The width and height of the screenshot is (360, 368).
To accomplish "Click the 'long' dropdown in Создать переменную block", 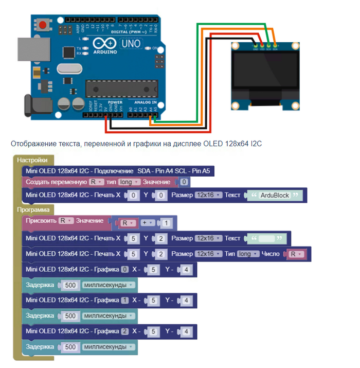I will [129, 182].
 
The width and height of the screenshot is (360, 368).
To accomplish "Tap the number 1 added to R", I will [166, 223].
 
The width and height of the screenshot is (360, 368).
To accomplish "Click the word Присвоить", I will [40, 220].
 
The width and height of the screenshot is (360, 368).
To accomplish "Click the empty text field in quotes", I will [266, 239].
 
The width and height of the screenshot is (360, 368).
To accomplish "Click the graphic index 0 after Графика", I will [124, 269].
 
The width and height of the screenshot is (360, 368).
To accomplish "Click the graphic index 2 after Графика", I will [124, 331].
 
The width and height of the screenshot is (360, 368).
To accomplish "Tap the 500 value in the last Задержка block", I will [70, 347].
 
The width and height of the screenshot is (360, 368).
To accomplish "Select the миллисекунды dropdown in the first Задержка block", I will [108, 285].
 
